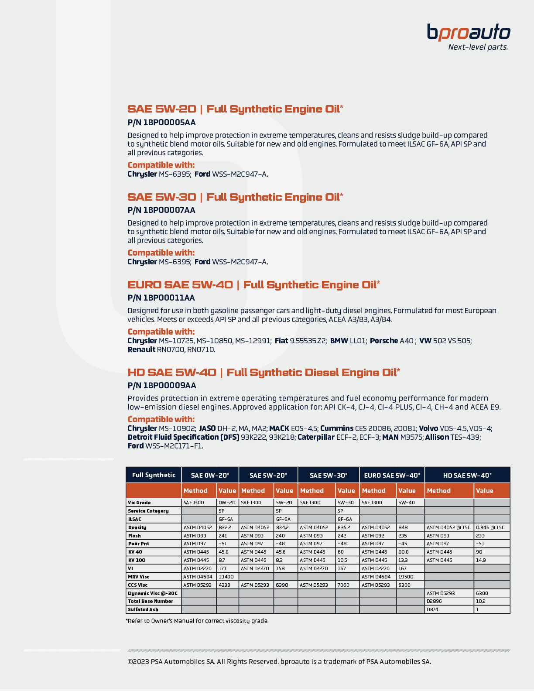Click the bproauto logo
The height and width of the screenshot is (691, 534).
click(468, 33)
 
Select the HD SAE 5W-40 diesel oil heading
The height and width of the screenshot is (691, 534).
click(264, 373)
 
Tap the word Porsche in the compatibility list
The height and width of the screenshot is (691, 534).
click(384, 341)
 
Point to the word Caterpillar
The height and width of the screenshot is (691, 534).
click(316, 437)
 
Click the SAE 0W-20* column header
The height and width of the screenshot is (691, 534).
click(210, 475)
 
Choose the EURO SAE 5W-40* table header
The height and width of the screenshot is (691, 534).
click(392, 475)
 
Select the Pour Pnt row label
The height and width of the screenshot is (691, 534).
click(138, 544)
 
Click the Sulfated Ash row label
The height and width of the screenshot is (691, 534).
click(143, 610)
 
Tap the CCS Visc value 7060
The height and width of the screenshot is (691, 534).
click(343, 585)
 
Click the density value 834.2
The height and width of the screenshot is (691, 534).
click(282, 527)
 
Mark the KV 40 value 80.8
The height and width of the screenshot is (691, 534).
click(403, 552)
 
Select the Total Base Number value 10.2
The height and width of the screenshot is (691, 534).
click(480, 602)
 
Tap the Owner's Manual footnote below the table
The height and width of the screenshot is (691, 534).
click(197, 621)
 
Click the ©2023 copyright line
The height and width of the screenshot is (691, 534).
click(279, 662)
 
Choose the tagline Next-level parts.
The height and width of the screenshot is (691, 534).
click(478, 47)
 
